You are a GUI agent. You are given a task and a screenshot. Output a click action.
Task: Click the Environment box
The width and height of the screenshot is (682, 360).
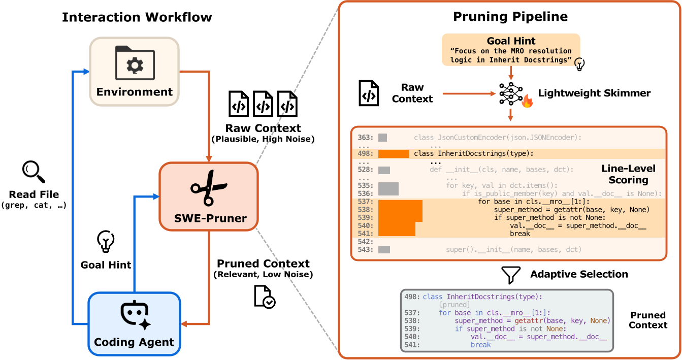pyautogui.click(x=134, y=72)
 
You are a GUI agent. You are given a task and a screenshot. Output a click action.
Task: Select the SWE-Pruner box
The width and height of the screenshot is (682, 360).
pyautogui.click(x=209, y=195)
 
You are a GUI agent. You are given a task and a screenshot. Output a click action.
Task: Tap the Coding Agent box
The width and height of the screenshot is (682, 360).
pyautogui.click(x=135, y=323)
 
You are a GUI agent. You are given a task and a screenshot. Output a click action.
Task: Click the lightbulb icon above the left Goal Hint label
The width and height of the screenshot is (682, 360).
pyautogui.click(x=106, y=242)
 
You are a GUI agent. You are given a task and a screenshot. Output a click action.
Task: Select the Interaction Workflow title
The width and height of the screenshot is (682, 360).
pyautogui.click(x=137, y=17)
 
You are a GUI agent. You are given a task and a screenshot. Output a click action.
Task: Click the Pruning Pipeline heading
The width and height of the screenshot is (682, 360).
pyautogui.click(x=510, y=17)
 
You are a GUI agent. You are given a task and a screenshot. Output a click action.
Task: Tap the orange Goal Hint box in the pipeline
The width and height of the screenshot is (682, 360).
pyautogui.click(x=510, y=50)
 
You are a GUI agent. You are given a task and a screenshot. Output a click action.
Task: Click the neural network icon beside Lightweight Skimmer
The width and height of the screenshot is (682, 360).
pyautogui.click(x=510, y=93)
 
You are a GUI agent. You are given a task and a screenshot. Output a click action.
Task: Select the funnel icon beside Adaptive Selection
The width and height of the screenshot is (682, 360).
pyautogui.click(x=510, y=275)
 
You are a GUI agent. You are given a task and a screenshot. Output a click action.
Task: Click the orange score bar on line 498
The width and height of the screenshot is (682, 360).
pyautogui.click(x=394, y=154)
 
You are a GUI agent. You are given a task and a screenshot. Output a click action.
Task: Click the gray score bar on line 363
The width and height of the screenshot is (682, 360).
pyautogui.click(x=383, y=138)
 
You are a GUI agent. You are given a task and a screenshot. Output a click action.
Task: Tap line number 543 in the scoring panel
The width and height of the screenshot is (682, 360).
pyautogui.click(x=365, y=250)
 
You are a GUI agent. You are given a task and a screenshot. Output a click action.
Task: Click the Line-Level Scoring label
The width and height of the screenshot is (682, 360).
pyautogui.click(x=628, y=174)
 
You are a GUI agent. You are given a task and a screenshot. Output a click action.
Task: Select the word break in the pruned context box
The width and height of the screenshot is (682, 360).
pyautogui.click(x=480, y=345)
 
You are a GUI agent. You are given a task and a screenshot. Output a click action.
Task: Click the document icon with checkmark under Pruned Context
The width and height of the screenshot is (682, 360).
pyautogui.click(x=264, y=297)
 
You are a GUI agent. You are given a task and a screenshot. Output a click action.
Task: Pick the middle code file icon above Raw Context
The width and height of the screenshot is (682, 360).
pyautogui.click(x=263, y=105)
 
